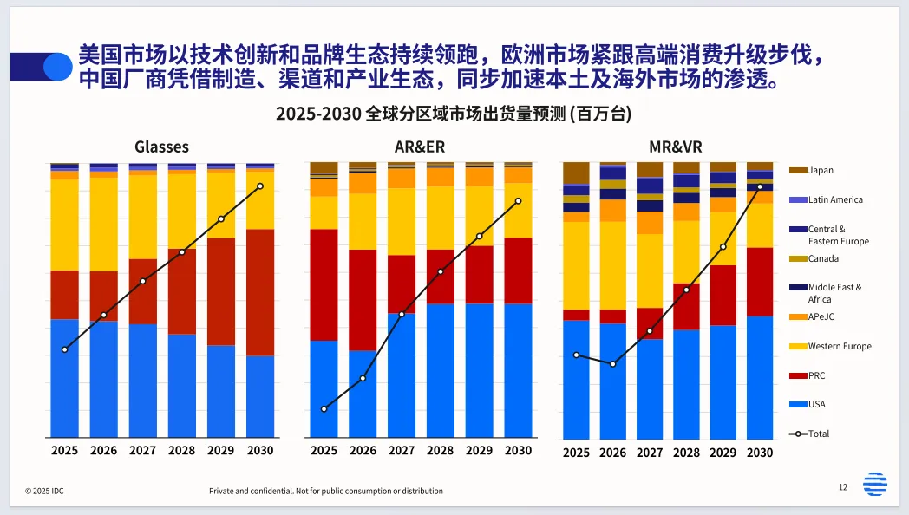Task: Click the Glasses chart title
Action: coord(161,147)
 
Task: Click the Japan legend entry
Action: coord(821,171)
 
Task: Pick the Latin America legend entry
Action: coord(834,200)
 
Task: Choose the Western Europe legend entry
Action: coord(839,347)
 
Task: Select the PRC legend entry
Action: coord(816,375)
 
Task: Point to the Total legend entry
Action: coord(818,434)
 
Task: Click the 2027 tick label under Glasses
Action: coord(142,451)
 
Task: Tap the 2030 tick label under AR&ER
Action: coord(518,451)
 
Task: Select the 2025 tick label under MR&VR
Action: coord(576,453)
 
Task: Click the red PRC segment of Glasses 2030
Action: coord(260,292)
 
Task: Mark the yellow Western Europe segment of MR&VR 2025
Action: coord(576,265)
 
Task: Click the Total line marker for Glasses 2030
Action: coord(260,186)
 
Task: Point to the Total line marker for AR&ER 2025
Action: coord(324,408)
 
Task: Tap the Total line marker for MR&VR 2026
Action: coord(612,364)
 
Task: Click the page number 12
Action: coord(842,487)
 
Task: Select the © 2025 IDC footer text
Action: coord(44,492)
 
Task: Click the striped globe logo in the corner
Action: coord(875,484)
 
